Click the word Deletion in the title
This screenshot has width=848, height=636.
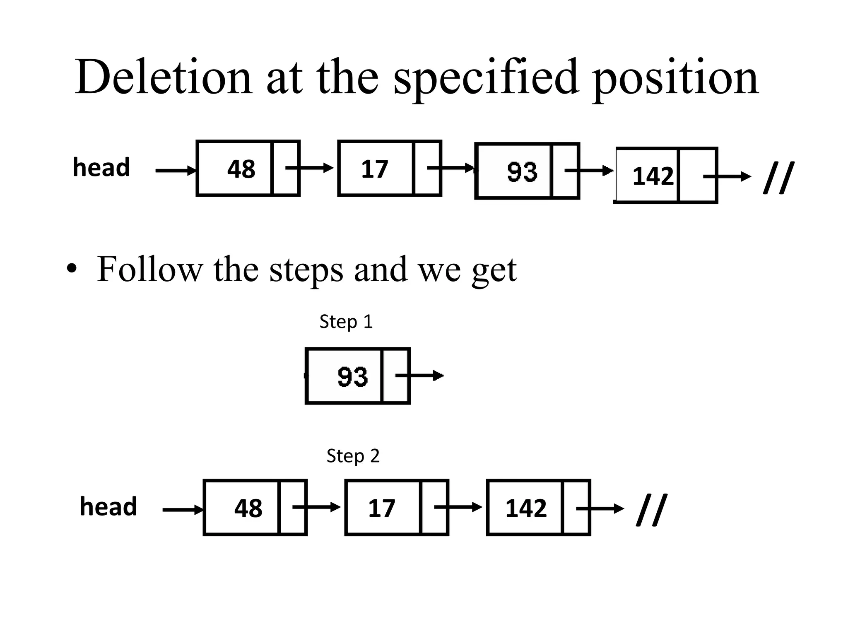click(x=163, y=78)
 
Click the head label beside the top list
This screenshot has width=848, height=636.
click(x=101, y=167)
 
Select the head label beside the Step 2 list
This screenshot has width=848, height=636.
click(x=108, y=506)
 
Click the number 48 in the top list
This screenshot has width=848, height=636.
click(x=241, y=169)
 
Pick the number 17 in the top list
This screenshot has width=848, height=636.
click(x=374, y=169)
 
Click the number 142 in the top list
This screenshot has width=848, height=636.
click(x=653, y=176)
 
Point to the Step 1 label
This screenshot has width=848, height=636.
click(x=346, y=322)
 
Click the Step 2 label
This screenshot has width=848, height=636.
click(x=353, y=456)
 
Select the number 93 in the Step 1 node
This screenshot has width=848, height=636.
click(x=352, y=377)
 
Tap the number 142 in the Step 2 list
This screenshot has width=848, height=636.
click(x=526, y=508)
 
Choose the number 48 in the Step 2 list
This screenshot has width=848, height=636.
click(x=248, y=508)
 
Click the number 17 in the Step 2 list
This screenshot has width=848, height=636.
click(x=381, y=508)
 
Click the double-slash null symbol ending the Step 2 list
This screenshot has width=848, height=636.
click(x=651, y=510)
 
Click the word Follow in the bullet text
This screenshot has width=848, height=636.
click(x=149, y=269)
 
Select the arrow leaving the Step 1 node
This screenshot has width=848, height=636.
click(x=420, y=376)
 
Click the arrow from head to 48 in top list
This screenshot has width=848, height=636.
click(x=176, y=171)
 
